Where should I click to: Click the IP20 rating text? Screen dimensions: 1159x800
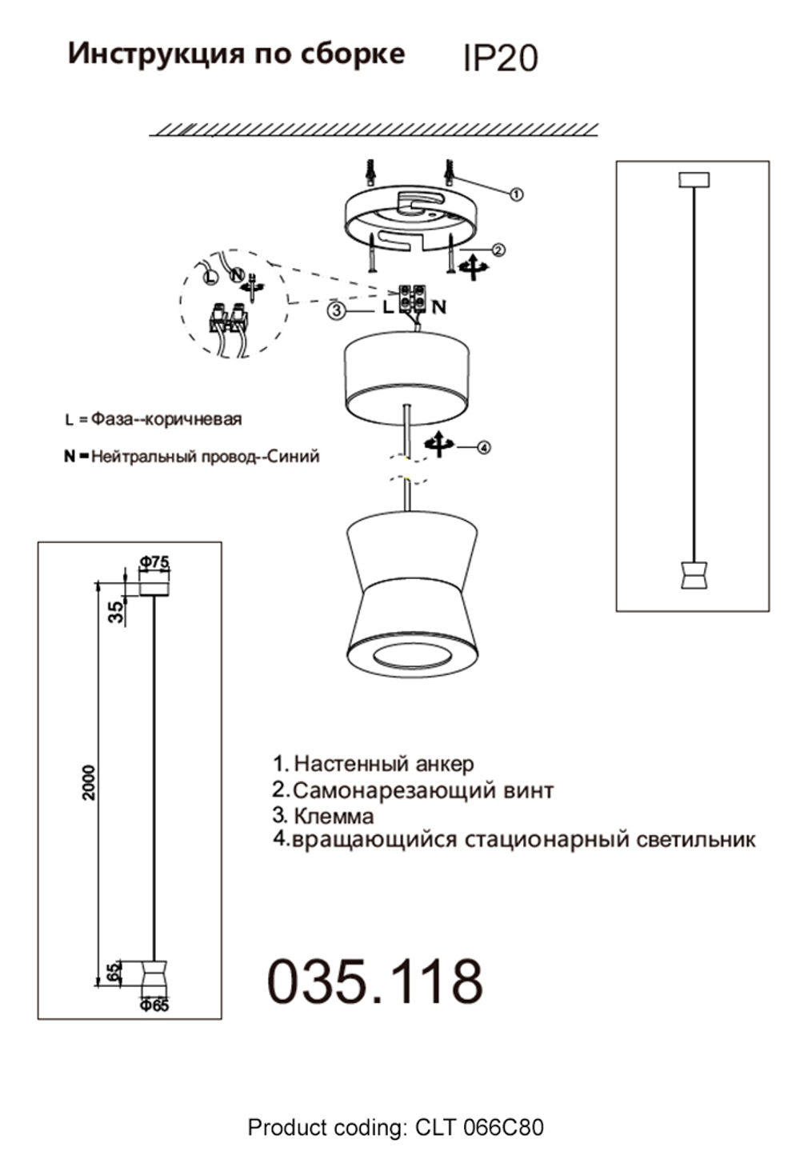coord(500,58)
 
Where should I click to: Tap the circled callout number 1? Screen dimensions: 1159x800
coord(516,194)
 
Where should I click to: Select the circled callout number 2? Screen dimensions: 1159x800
coord(498,250)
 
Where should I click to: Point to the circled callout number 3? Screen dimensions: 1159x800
coord(337,312)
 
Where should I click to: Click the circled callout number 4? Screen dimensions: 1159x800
coord(483,448)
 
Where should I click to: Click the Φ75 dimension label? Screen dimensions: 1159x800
coord(154,562)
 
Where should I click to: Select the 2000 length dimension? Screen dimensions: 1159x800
coord(89,781)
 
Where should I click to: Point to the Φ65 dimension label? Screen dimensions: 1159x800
coord(154,1005)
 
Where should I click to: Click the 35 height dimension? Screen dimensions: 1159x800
coord(117,612)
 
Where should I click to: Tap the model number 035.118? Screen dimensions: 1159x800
coord(374,981)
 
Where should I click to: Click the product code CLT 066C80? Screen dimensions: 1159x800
coord(479,1128)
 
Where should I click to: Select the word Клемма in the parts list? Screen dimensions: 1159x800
coord(334,816)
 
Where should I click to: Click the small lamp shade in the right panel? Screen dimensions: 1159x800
coord(693,575)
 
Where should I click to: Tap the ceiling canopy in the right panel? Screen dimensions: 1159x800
coord(694,179)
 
